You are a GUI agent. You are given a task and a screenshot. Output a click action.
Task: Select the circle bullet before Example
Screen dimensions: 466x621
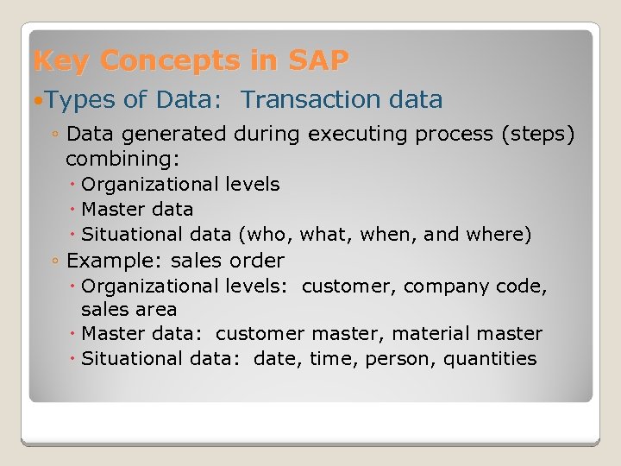54,261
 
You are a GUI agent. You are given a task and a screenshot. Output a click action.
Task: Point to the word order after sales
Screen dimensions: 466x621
256,261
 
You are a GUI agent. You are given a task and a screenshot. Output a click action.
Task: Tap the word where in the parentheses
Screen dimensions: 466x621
501,234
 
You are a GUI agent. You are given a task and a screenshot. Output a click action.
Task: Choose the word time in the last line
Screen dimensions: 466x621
330,359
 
